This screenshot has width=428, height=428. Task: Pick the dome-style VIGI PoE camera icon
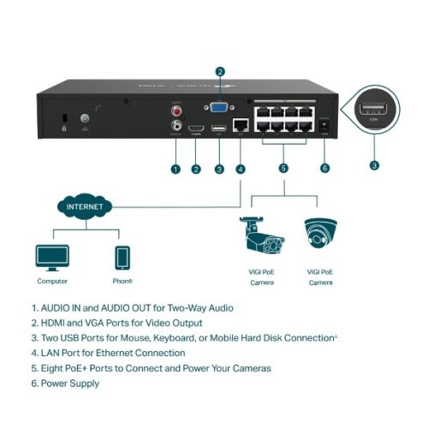[320, 234]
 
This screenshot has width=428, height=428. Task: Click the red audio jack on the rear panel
[177, 110]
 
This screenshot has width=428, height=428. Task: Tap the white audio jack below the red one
[177, 125]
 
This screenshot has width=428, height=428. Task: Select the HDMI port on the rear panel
[198, 127]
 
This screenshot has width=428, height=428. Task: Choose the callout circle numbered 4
[241, 169]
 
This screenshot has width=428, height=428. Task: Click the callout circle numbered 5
[283, 169]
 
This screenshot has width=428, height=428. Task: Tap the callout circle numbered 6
[324, 169]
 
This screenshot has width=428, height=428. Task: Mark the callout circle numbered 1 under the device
[175, 169]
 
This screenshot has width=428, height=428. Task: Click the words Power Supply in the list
[70, 383]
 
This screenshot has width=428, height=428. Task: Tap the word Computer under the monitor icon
[52, 281]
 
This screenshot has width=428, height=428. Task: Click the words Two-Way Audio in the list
[198, 306]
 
